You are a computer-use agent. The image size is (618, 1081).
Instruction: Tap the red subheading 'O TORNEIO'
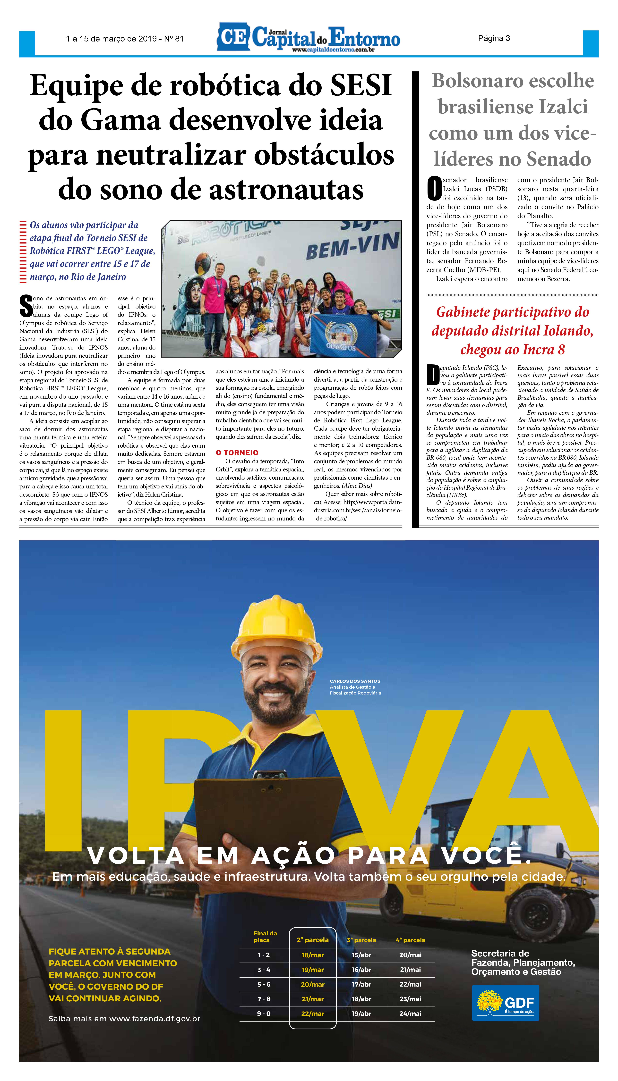237,453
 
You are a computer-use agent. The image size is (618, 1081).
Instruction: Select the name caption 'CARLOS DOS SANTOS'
355,681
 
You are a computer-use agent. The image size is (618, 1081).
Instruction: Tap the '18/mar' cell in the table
313,955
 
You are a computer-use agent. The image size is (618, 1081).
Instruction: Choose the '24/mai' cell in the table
410,1014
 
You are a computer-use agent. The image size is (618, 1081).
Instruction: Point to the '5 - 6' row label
264,984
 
